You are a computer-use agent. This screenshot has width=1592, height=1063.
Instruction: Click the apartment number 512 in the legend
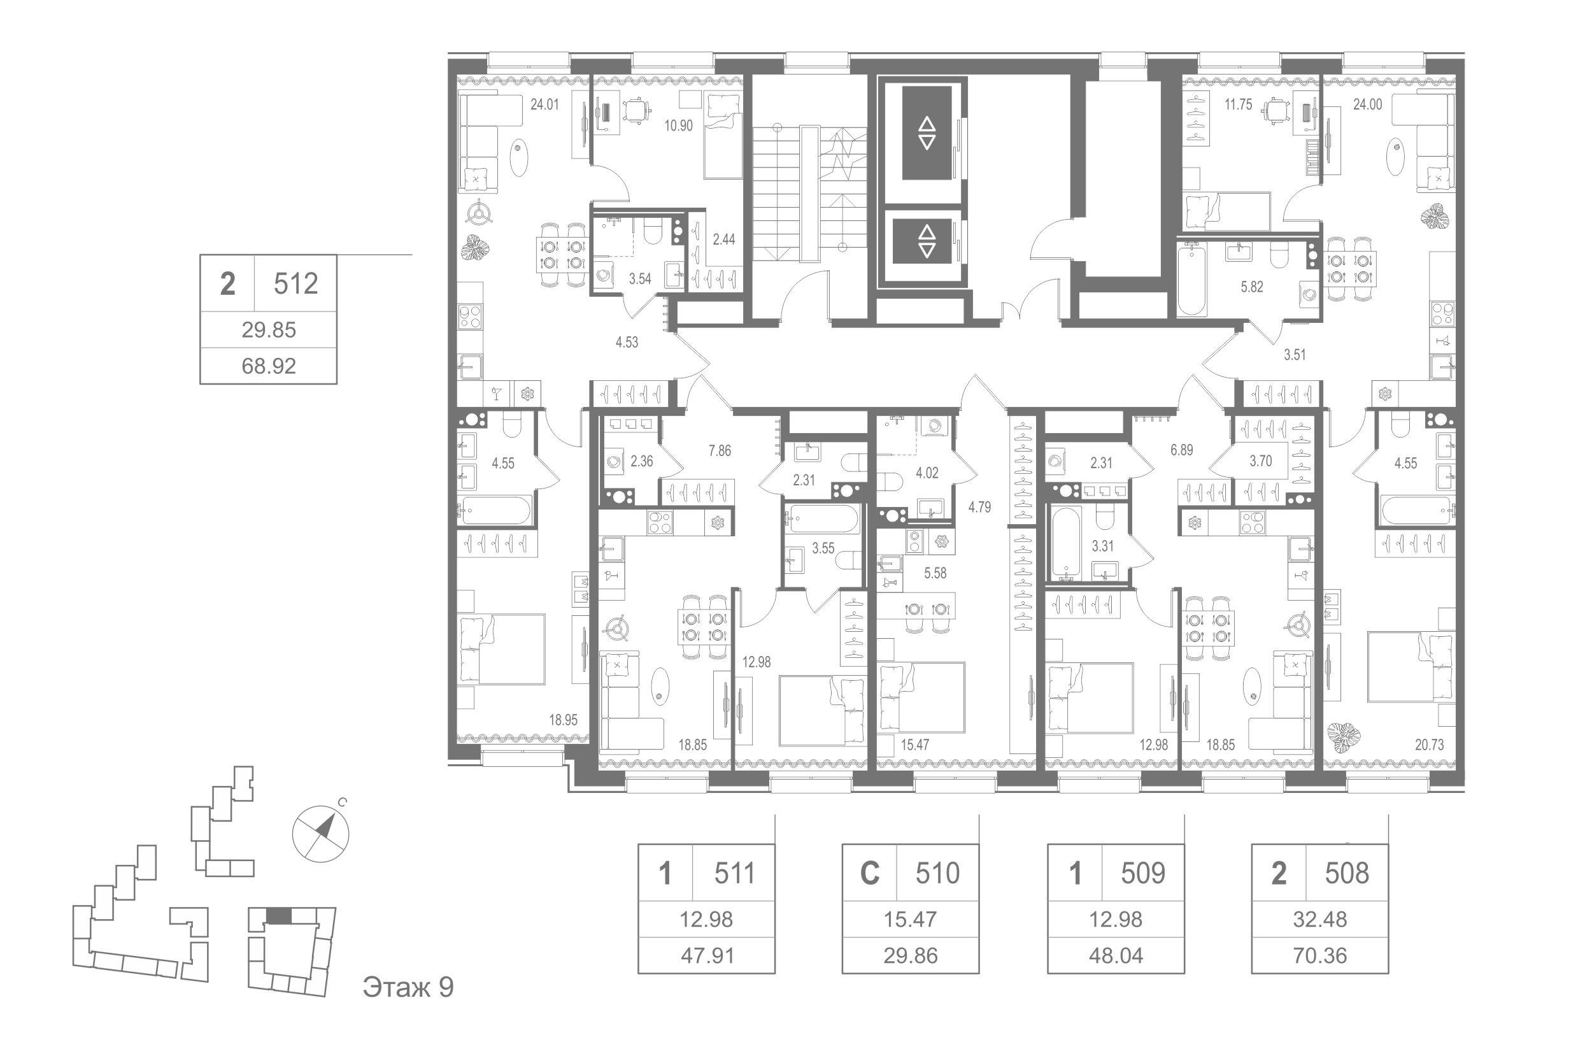coord(295,284)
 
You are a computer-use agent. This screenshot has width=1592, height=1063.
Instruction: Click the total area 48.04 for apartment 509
coord(1116,956)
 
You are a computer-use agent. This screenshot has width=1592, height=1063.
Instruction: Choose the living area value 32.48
coord(1319,920)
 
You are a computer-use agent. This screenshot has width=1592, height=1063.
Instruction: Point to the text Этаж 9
coord(408,988)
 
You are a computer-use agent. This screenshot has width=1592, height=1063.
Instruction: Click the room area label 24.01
coord(544,105)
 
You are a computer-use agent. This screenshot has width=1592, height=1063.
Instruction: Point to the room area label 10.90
coord(678,126)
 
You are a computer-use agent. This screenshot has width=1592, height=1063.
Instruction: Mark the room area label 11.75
coord(1237,105)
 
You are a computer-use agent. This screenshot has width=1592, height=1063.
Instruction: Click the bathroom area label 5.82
coord(1252,287)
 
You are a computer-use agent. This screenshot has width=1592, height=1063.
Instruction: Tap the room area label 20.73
coord(1430,745)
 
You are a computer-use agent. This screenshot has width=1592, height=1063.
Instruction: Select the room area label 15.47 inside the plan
coord(914,745)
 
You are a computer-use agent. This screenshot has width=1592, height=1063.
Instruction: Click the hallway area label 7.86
coord(720,451)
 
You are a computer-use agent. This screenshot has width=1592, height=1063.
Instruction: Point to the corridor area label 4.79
coord(980,507)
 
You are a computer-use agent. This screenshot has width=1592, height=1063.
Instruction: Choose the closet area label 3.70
coord(1261,462)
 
